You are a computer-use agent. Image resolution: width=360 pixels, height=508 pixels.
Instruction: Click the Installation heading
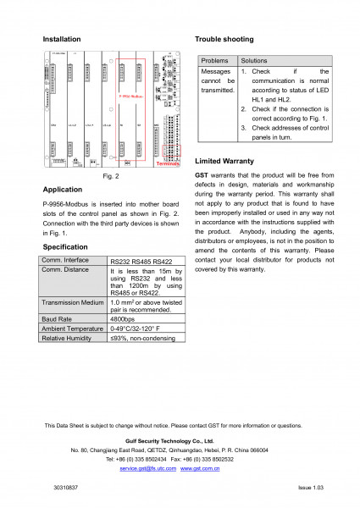(62, 40)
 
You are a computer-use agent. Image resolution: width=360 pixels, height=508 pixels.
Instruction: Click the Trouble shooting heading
(224, 40)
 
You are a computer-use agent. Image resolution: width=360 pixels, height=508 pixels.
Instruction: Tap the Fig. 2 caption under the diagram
(110, 176)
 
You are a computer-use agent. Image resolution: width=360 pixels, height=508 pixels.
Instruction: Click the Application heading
(62, 190)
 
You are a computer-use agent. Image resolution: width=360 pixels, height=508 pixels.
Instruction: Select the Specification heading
(65, 246)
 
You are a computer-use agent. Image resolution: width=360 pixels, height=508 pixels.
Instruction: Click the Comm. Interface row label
(66, 260)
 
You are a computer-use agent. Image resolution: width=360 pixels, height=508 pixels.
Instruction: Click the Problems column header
(215, 62)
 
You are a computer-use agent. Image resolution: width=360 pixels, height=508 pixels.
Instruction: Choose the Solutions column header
(255, 62)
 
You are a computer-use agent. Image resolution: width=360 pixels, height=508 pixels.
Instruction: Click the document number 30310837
(64, 489)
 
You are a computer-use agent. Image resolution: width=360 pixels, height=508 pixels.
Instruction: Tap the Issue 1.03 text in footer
(311, 489)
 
